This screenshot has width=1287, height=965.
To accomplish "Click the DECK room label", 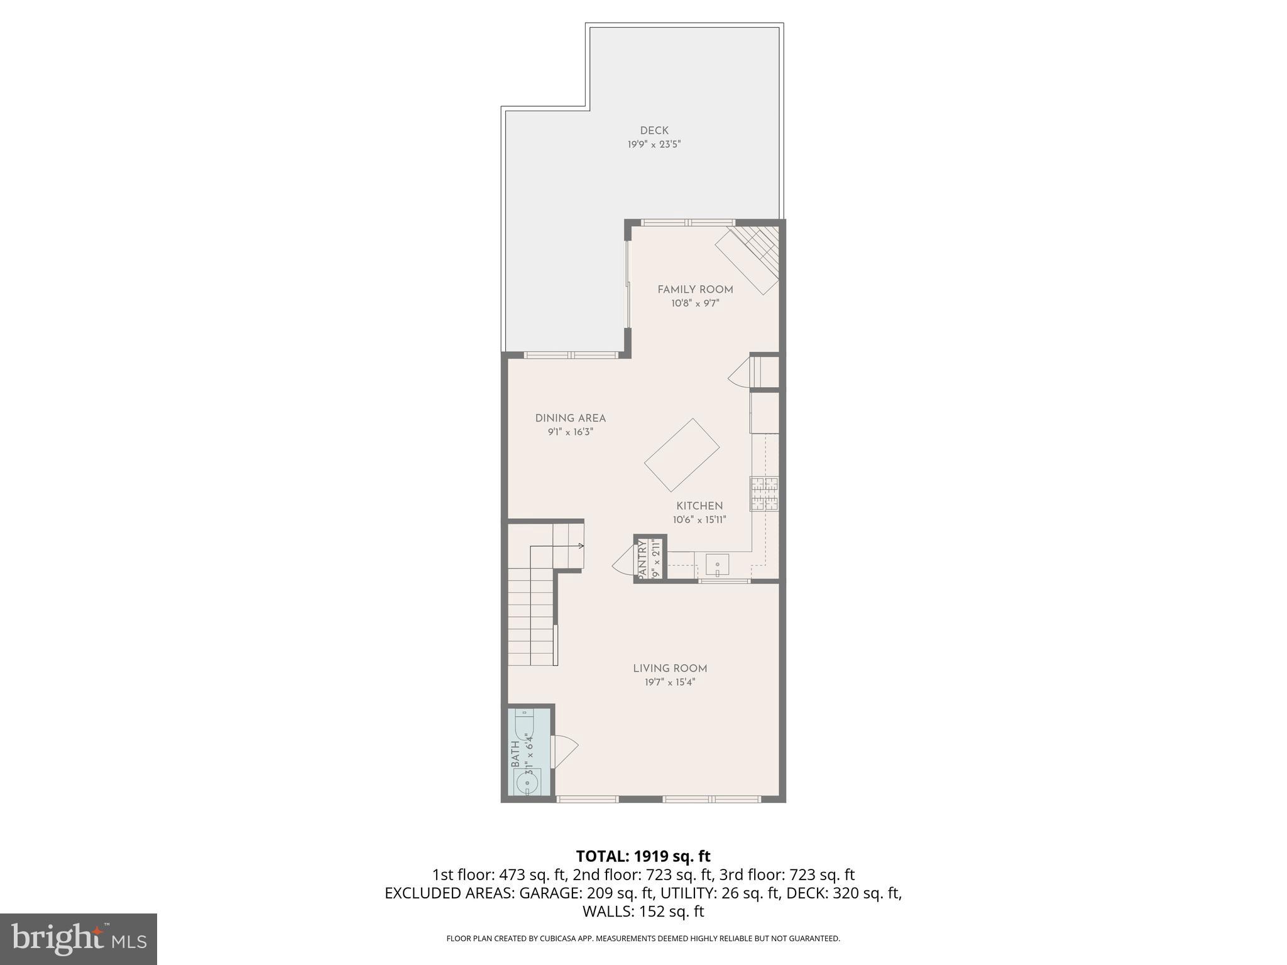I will click(654, 131).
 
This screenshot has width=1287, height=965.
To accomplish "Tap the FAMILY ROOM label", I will click(695, 290).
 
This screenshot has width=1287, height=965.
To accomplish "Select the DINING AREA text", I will click(571, 418).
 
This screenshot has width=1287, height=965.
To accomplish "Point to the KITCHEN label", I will click(699, 506).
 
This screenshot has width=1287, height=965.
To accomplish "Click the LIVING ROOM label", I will click(670, 668).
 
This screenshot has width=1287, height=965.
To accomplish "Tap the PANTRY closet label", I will click(642, 559).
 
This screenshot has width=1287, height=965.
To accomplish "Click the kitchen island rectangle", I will click(682, 455).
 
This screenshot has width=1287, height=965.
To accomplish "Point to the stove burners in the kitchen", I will click(764, 493).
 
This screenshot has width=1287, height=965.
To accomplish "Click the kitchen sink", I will click(717, 564).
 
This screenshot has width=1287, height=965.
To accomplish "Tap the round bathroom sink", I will click(527, 783).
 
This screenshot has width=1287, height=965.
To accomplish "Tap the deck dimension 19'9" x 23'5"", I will click(654, 144).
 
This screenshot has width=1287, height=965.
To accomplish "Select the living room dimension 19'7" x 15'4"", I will click(670, 682).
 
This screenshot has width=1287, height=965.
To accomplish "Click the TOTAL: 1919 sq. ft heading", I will click(643, 856).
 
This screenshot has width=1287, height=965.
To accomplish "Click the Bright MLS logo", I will click(79, 939).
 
